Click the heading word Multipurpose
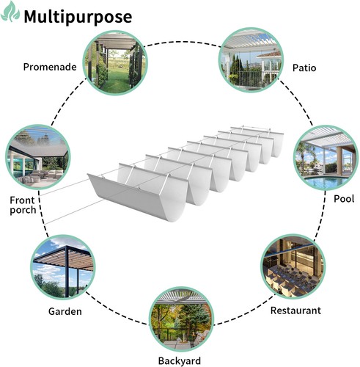(78, 17)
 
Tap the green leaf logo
(10, 12)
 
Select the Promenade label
(50, 67)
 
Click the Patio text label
(304, 68)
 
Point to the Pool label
(344, 199)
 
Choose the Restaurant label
(295, 310)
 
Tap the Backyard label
(180, 361)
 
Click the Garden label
(65, 311)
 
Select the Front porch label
(23, 206)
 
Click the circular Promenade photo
(115, 62)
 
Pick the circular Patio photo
(251, 59)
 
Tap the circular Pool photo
(326, 158)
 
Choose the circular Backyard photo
(181, 319)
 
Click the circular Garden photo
(63, 267)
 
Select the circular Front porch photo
(38, 157)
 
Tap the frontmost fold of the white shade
(138, 196)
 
